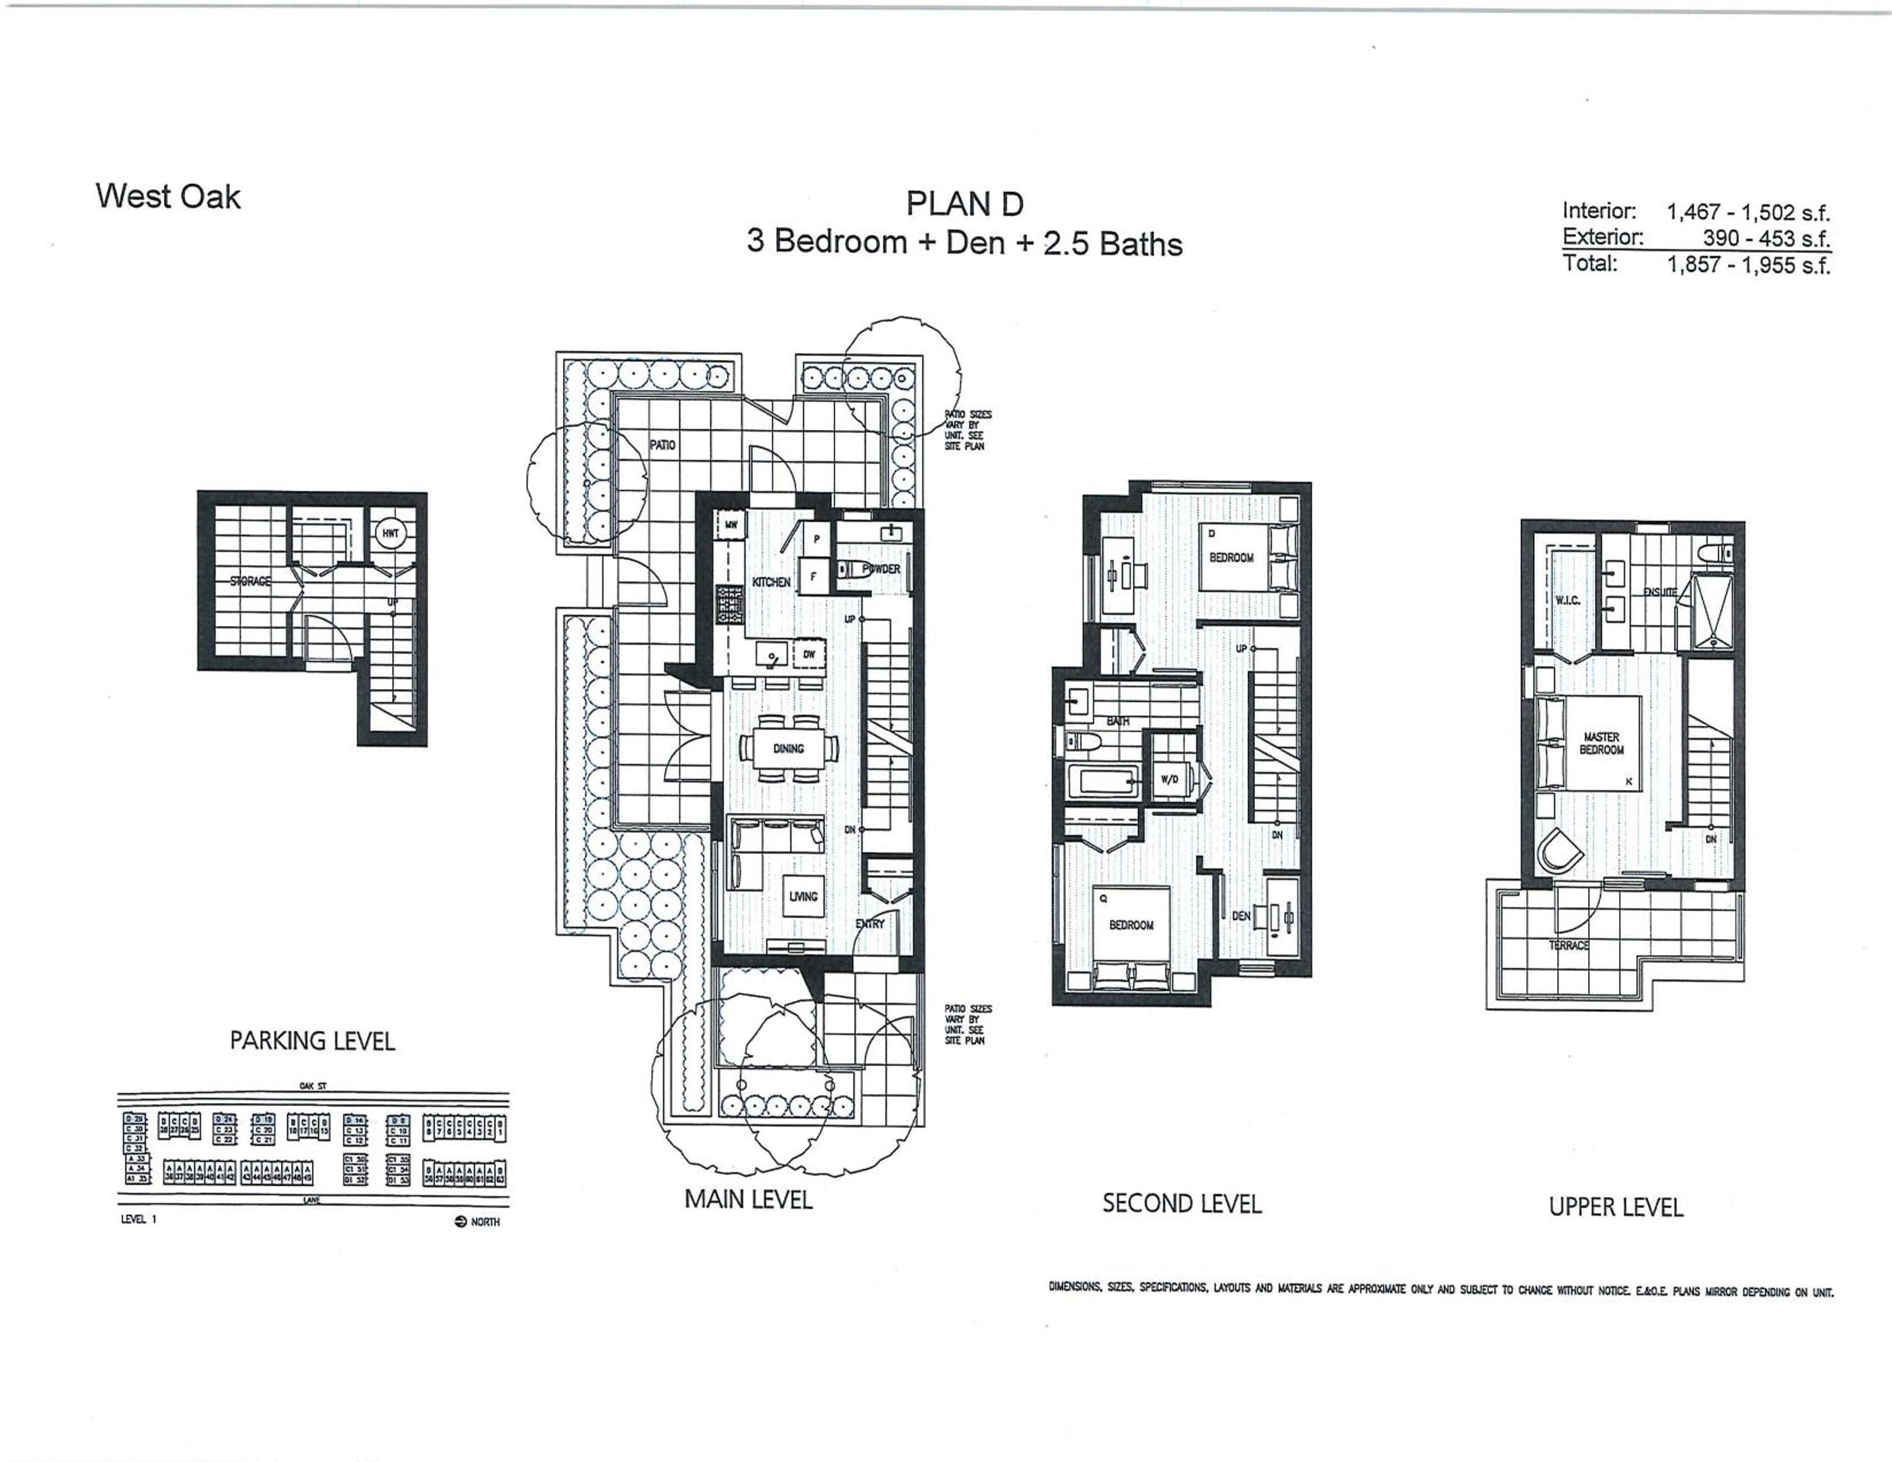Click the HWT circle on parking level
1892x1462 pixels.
pos(391,533)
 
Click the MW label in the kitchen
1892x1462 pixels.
pos(730,525)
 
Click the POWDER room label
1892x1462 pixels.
pos(881,569)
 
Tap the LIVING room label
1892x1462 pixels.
pos(803,896)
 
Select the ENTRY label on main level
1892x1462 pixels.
pos(870,924)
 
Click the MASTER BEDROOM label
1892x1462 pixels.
pos(1601,744)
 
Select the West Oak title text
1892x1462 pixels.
pos(168,197)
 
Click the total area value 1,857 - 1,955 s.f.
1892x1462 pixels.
pos(1748,265)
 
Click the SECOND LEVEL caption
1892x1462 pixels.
pos(1182,1204)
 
